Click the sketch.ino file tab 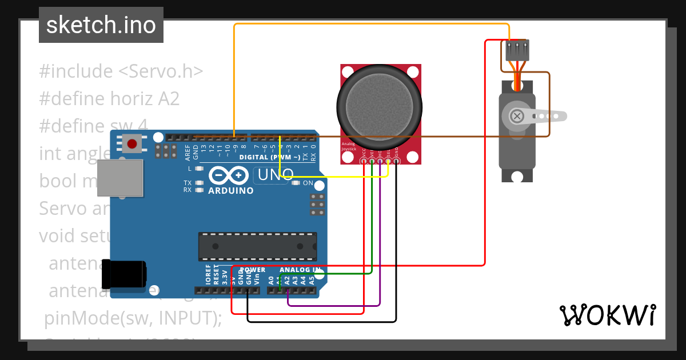pos(101,25)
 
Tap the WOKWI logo pos(607,315)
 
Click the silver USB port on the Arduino pos(119,178)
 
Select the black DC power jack pos(123,274)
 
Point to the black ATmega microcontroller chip pos(257,246)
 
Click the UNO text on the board pos(276,175)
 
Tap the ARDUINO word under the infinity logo pos(231,191)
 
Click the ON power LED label pos(308,183)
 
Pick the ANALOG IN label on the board pos(300,270)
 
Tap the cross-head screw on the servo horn pos(517,117)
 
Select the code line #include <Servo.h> pos(121,71)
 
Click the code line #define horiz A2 pos(109,99)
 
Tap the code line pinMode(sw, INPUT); pos(133,318)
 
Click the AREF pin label pos(188,151)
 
